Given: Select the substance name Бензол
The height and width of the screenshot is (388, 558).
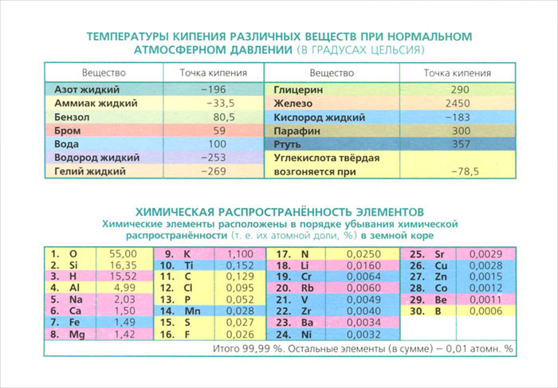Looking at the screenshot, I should click(73, 117).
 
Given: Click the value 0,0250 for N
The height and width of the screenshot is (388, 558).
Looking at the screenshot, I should click(363, 254).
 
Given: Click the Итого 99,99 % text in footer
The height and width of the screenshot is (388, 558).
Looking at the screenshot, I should click(248, 349).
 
